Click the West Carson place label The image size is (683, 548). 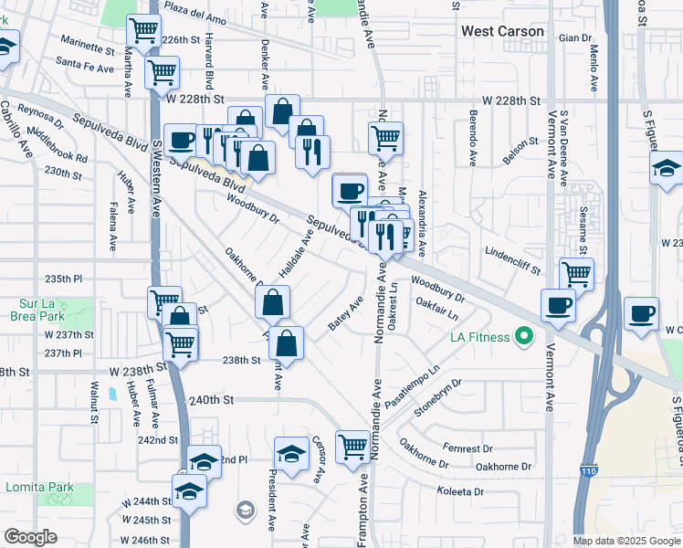tap(502, 31)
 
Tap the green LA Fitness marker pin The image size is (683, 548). tap(523, 338)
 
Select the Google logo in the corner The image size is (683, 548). tap(30, 537)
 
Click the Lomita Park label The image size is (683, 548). tap(39, 487)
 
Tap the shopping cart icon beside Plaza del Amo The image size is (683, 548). tap(143, 30)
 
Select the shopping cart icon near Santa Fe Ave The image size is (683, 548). tap(162, 70)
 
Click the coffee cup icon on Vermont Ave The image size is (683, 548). tap(558, 304)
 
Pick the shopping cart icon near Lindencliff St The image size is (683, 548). tap(576, 272)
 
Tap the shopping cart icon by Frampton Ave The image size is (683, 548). tap(352, 446)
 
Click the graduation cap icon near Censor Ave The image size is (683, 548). tap(291, 453)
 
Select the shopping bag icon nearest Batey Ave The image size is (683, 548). tap(287, 343)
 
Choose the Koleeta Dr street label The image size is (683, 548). tap(460, 491)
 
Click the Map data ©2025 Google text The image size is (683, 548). tap(625, 541)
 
